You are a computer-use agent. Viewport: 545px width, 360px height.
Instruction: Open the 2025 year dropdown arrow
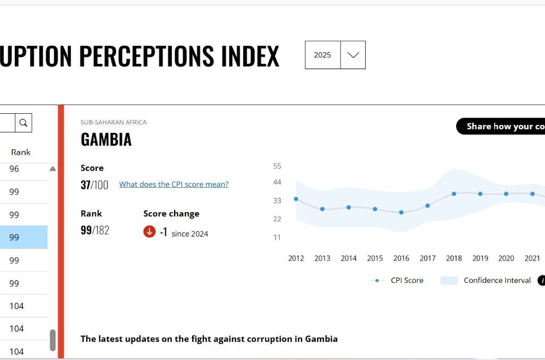[353, 55]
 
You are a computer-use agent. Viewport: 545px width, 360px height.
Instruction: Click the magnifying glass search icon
[23, 123]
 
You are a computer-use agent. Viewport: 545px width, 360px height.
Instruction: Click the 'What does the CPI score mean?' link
[174, 185]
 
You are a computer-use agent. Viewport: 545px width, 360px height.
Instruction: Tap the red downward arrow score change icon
[150, 232]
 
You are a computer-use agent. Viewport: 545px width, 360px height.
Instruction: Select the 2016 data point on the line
[401, 212]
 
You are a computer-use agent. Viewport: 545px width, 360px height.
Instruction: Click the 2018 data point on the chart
[454, 194]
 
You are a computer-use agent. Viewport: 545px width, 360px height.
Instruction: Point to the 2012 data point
[296, 199]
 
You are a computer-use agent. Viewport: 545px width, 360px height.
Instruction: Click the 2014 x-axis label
[349, 258]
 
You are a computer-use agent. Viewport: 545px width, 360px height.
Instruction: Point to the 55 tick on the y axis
[277, 166]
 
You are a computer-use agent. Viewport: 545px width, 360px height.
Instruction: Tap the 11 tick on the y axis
[277, 237]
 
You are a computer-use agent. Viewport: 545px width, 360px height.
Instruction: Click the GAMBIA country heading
[106, 139]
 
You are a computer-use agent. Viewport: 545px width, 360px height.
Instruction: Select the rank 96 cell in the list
[14, 169]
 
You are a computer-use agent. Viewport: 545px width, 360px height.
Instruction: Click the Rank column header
[21, 152]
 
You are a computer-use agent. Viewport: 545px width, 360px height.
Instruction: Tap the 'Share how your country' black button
[503, 126]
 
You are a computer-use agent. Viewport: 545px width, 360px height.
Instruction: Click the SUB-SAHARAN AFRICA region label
[113, 122]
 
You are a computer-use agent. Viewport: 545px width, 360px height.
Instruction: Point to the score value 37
[85, 185]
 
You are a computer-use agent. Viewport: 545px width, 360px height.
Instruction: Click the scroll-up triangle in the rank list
[53, 169]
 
